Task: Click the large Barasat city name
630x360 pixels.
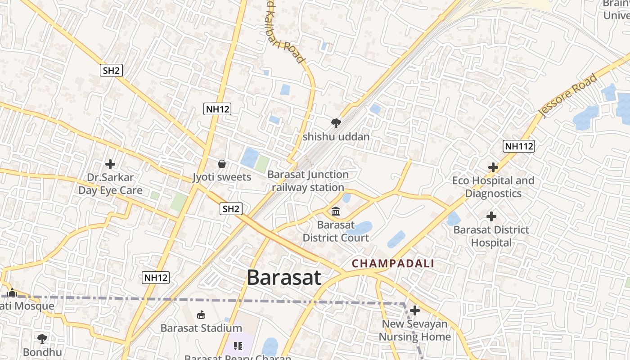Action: [284, 277]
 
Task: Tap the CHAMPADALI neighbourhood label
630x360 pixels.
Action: [393, 264]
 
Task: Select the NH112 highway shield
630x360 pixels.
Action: [519, 146]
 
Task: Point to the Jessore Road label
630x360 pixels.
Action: [569, 95]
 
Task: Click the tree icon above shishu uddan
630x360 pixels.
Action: [336, 123]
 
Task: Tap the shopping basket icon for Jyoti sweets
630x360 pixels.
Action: [222, 164]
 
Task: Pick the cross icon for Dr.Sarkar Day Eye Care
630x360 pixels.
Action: [110, 164]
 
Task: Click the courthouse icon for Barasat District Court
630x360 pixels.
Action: [336, 211]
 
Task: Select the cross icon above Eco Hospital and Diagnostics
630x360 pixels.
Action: [493, 167]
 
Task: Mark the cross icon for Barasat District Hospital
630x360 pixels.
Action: [491, 216]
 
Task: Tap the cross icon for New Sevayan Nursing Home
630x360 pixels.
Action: [415, 310]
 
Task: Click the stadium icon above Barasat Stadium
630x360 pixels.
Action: [201, 315]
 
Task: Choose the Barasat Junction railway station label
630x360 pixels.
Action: [308, 181]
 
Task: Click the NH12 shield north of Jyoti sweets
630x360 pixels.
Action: [217, 108]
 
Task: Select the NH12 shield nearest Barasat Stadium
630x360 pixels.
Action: [156, 278]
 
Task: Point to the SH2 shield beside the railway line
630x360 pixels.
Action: [231, 209]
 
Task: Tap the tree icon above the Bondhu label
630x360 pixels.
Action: [42, 338]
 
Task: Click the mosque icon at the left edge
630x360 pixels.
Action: [12, 292]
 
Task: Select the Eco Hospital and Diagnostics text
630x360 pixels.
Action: [493, 187]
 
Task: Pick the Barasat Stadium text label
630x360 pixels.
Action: [201, 328]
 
